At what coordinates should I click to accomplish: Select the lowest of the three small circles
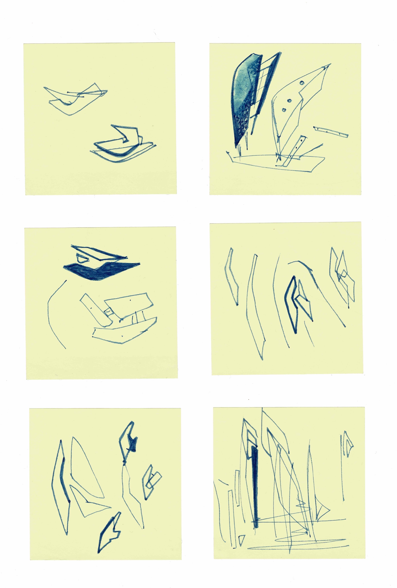(284, 110)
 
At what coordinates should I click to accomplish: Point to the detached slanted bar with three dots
(331, 132)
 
